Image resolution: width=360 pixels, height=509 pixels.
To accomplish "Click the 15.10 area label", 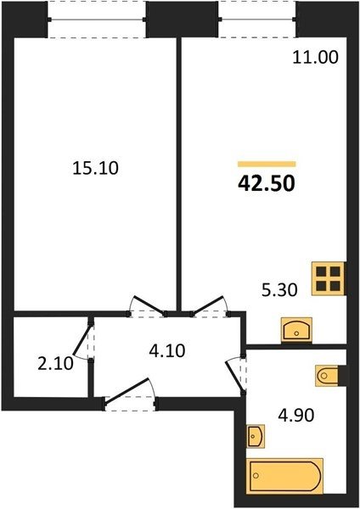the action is point(95,168).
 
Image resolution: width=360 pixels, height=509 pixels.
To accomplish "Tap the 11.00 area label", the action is point(316,57).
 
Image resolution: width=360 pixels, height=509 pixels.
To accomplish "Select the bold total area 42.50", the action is point(267,183).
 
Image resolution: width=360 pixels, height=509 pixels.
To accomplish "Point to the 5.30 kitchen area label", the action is point(279,289).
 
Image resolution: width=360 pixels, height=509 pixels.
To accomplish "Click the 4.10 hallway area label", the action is point(167,350).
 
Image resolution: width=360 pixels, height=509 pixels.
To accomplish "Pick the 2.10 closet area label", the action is point(55,364).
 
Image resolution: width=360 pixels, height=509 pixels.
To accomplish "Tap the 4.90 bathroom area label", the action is point(296,415).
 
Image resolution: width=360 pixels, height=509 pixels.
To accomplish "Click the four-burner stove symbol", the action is point(328,278).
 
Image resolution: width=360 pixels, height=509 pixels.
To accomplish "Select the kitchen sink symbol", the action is point(296,330).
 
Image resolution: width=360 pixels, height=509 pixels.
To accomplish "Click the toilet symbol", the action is point(327,376).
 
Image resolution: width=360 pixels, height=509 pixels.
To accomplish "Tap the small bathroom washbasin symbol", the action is point(256,436).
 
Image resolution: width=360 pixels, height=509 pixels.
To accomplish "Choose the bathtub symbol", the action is point(284,476).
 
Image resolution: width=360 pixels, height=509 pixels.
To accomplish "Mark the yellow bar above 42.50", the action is point(267,164).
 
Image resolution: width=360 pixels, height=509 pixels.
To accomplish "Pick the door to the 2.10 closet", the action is point(84,340).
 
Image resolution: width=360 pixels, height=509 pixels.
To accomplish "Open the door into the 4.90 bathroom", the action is point(236,374).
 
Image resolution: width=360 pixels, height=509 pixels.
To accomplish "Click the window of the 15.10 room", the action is point(97,20).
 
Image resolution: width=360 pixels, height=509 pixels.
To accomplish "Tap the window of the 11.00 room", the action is point(257,20).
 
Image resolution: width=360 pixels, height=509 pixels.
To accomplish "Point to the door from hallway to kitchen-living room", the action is point(209,306).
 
